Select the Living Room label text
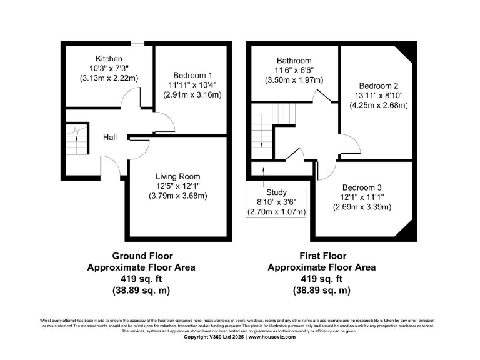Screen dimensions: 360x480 click(177, 177)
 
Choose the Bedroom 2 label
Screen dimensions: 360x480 click(379, 86)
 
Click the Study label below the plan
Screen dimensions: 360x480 click(276, 192)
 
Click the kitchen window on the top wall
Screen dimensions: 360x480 click(135, 43)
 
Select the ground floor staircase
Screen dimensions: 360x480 click(76, 141)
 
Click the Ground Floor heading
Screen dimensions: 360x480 click(142, 256)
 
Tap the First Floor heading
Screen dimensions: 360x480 click(322, 256)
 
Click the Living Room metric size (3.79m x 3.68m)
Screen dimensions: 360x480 click(177, 196)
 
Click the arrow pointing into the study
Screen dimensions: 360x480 click(263, 170)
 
